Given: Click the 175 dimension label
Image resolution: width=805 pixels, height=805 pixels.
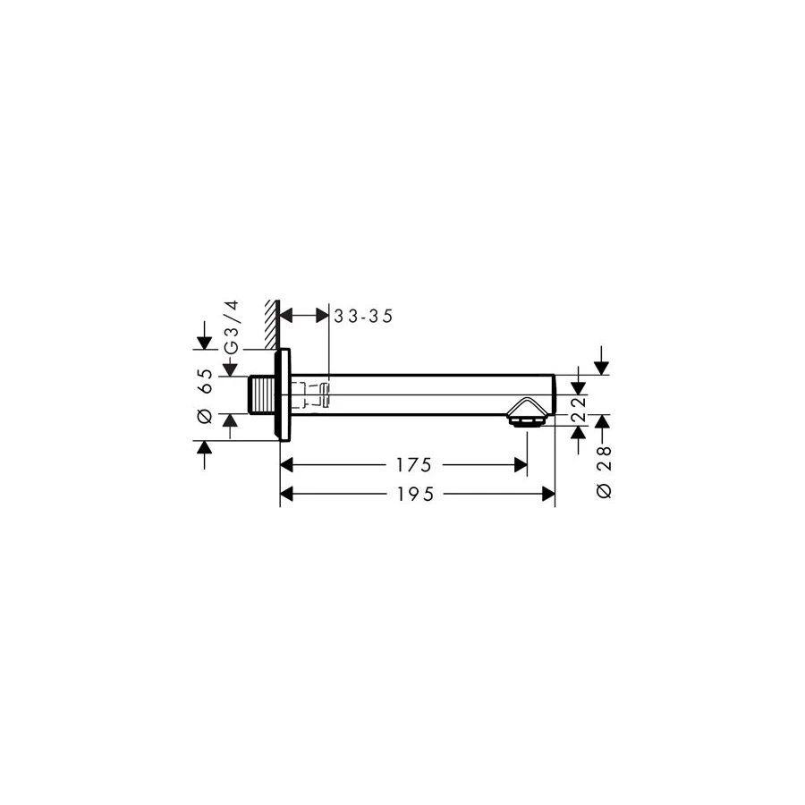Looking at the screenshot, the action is pyautogui.click(x=413, y=465).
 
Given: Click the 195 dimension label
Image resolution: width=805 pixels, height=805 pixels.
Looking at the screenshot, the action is pyautogui.click(x=415, y=495).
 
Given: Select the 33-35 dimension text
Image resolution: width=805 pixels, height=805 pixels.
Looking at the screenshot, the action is pyautogui.click(x=363, y=317).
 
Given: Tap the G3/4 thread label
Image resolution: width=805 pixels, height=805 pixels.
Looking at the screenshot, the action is pyautogui.click(x=233, y=327).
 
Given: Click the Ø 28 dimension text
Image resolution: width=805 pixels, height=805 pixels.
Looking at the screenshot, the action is pyautogui.click(x=605, y=471).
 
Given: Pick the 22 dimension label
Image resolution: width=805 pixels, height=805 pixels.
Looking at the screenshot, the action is pyautogui.click(x=579, y=409).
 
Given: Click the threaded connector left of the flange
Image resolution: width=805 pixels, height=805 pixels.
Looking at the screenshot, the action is pyautogui.click(x=262, y=394).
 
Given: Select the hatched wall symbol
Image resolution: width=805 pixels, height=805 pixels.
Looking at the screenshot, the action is pyautogui.click(x=272, y=325).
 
